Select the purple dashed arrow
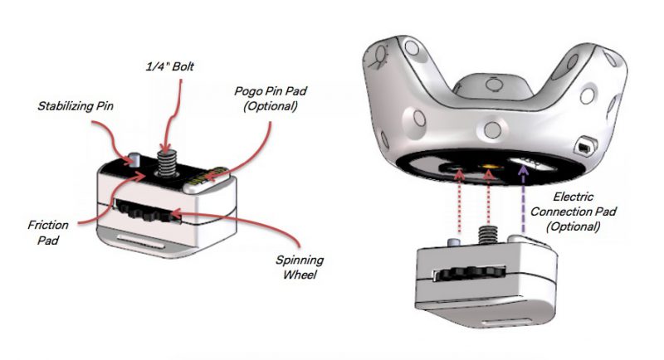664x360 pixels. tap(523, 199)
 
